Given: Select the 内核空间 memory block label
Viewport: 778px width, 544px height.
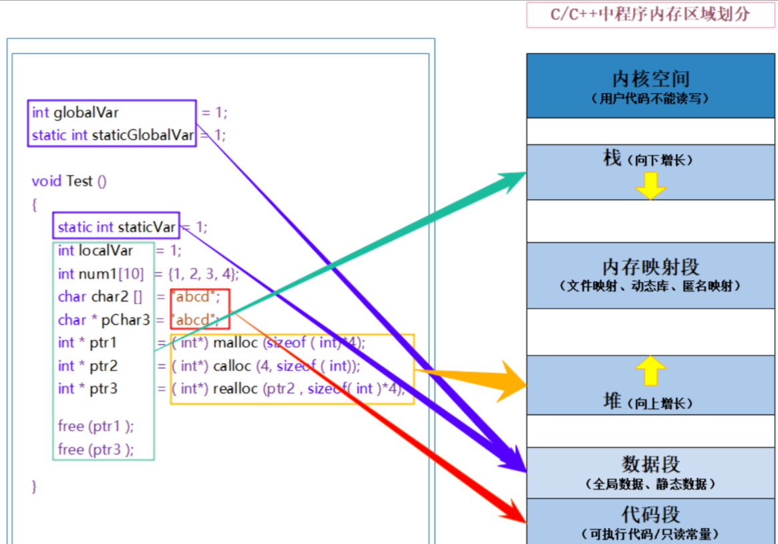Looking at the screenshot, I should point(650,80).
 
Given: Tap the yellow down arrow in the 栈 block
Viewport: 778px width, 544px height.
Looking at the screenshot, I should point(650,185).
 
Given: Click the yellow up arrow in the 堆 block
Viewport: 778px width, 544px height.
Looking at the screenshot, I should point(650,370).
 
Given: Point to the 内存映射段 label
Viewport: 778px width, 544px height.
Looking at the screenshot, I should point(650,267).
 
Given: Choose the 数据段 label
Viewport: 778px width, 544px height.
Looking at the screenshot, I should point(650,464).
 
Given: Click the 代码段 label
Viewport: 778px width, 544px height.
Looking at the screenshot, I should point(650,515).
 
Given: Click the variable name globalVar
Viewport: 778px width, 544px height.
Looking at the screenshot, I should point(86,112).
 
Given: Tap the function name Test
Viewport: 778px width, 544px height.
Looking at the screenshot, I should point(79,181).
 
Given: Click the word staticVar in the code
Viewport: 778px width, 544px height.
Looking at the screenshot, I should point(146,227).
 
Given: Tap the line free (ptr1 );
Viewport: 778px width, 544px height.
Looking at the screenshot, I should point(96,426).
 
